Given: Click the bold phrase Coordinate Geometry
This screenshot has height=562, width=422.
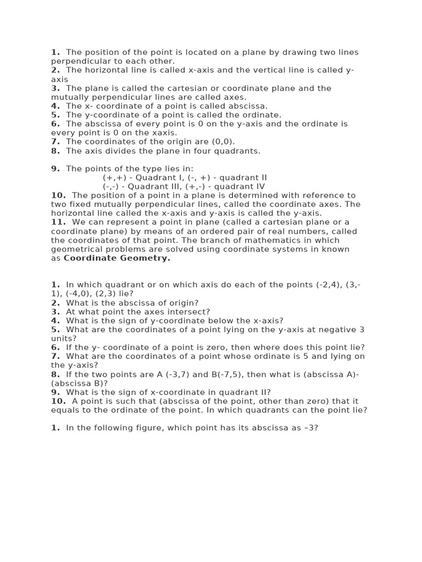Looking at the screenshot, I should [117, 258].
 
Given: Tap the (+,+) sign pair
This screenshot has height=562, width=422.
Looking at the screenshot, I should [114, 177].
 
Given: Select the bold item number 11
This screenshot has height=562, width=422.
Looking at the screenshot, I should [58, 222].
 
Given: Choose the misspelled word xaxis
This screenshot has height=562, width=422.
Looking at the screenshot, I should [163, 133].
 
